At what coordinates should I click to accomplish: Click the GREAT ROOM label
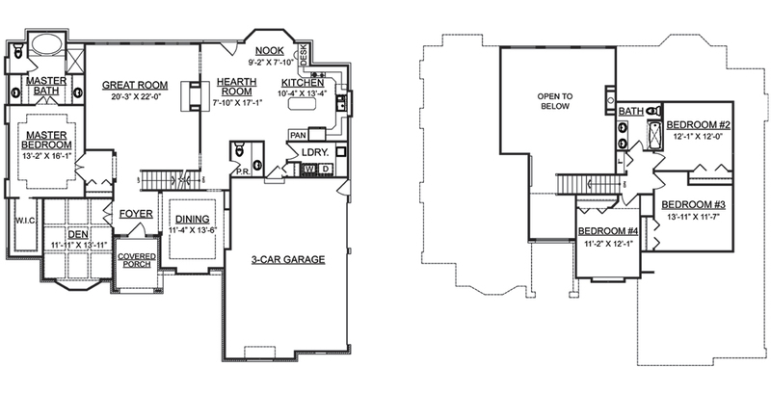tap(135, 85)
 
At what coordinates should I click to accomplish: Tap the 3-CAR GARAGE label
tap(288, 259)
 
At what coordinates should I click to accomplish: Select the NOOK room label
tap(270, 51)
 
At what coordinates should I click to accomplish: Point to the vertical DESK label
tap(304, 54)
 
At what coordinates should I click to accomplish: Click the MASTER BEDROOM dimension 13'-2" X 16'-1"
tap(46, 156)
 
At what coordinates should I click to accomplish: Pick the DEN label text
tap(78, 235)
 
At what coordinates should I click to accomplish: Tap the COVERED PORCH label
tap(137, 260)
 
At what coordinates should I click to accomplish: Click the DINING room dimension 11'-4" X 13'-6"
tap(192, 230)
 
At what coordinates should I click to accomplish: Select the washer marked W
tap(309, 170)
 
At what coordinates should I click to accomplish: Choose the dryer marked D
tap(325, 170)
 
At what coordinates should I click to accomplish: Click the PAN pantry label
tap(298, 135)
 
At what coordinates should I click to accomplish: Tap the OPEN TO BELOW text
tap(555, 101)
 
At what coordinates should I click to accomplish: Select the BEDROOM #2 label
tap(698, 125)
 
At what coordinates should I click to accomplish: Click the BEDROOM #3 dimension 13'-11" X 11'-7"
tap(693, 216)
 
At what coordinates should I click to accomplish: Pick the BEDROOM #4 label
tap(608, 231)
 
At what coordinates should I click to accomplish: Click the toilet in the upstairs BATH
tap(653, 110)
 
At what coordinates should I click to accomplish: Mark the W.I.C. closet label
tap(26, 221)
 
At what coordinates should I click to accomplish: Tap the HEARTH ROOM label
tap(236, 87)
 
